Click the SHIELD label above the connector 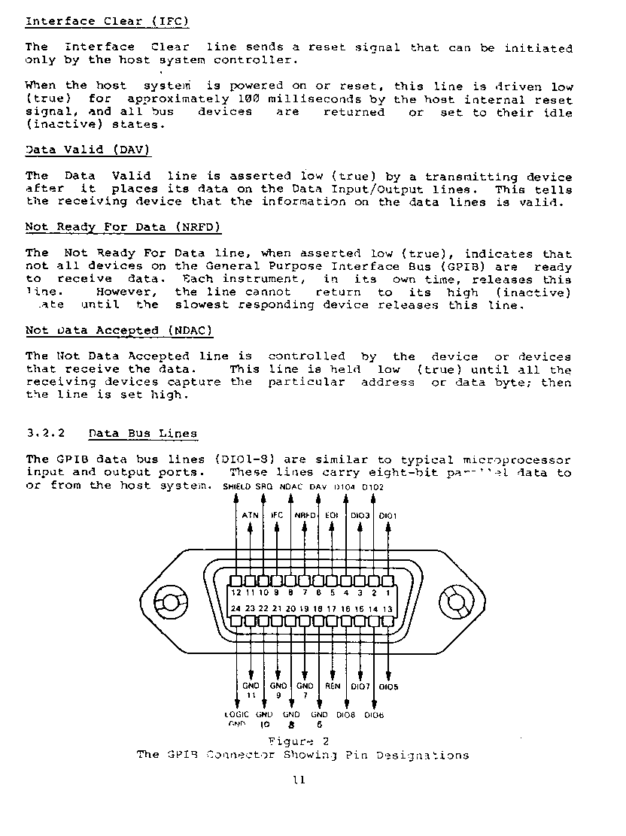[238, 487]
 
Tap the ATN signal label [251, 515]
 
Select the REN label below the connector [333, 686]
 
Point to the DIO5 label [388, 686]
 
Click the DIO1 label [387, 516]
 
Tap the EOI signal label [332, 515]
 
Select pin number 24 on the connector [236, 608]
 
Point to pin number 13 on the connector [387, 608]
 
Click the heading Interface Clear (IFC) [107, 21]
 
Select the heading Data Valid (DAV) [88, 150]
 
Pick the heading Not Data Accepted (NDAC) [119, 331]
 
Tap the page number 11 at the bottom [299, 780]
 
